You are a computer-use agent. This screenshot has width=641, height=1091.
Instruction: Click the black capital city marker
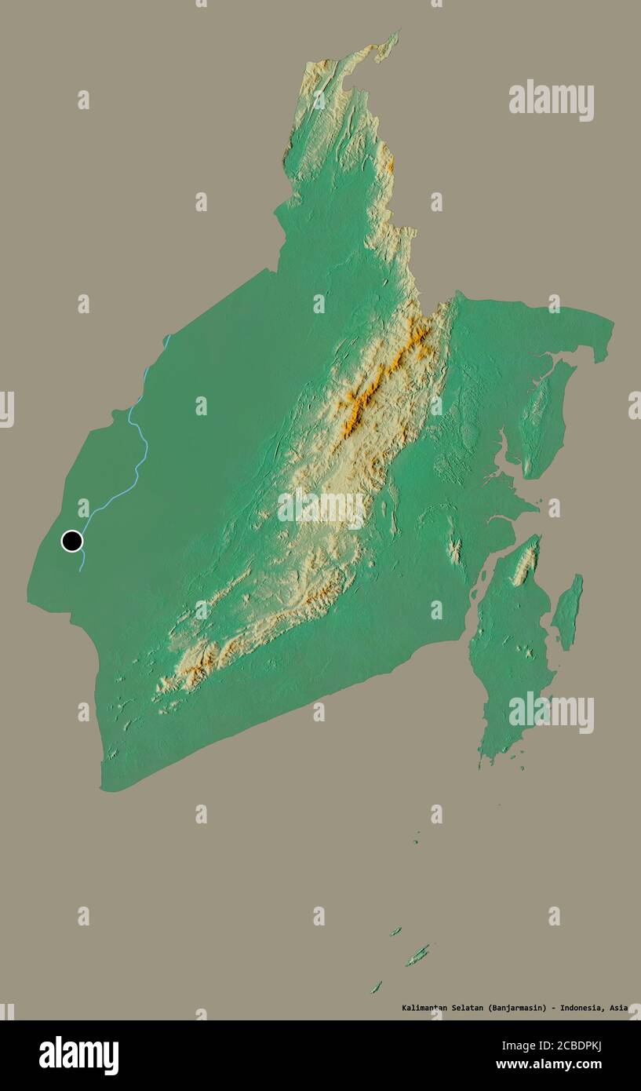tap(72, 541)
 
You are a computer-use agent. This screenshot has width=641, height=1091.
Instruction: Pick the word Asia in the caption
tap(617, 1008)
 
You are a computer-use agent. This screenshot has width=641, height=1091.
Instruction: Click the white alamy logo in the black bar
tap(78, 1055)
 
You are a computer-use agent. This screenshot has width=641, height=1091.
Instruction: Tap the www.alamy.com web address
tap(549, 1065)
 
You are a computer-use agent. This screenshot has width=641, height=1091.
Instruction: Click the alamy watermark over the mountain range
tap(321, 508)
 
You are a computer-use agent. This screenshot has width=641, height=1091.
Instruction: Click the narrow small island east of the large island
tap(568, 611)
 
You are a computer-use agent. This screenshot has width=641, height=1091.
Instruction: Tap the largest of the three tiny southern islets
tap(418, 954)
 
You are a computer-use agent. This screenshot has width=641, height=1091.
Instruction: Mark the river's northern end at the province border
tap(169, 337)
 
